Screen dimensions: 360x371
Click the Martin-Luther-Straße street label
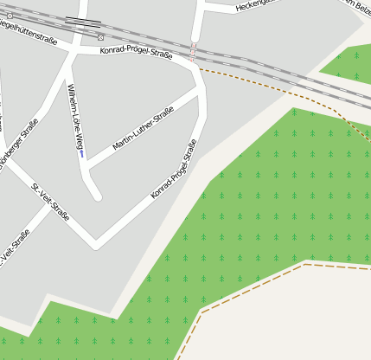coord(143,126)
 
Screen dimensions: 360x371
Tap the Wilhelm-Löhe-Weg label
coord(77,117)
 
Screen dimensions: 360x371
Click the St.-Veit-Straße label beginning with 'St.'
coord(50,202)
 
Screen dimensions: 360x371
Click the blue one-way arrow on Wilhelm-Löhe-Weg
coord(81,155)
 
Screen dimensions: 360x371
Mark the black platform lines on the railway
coord(82,21)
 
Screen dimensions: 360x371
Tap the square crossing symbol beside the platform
coord(101,37)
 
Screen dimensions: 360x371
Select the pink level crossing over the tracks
coord(194,49)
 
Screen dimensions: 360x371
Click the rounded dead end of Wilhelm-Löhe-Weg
coord(97,196)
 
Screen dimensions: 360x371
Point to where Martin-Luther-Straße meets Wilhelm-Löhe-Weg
coord(87,167)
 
